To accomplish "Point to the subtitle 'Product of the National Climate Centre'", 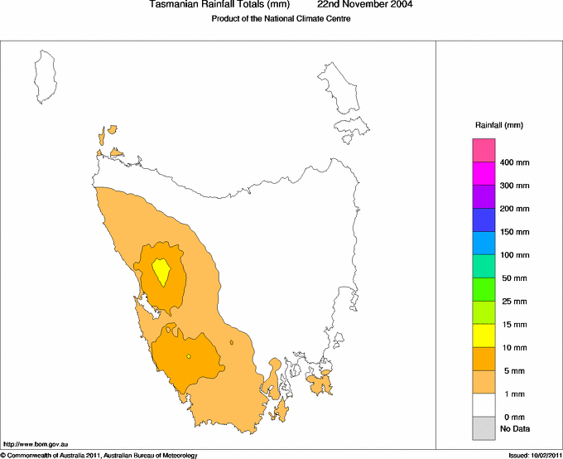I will pyautogui.click(x=281, y=19).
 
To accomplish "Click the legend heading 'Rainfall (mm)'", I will pyautogui.click(x=498, y=125).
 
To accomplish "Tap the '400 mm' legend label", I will pyautogui.click(x=514, y=162).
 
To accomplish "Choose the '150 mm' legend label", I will pyautogui.click(x=514, y=232).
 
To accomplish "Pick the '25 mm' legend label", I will pyautogui.click(x=514, y=302).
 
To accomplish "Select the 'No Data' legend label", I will pyautogui.click(x=514, y=428).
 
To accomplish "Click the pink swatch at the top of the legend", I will pyautogui.click(x=484, y=150).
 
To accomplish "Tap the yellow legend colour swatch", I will pyautogui.click(x=484, y=336).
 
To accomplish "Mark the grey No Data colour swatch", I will pyautogui.click(x=484, y=428).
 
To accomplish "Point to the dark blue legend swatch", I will pyautogui.click(x=484, y=220).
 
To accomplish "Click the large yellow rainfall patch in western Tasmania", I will pyautogui.click(x=161, y=270).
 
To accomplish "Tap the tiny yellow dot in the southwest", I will pyautogui.click(x=189, y=356).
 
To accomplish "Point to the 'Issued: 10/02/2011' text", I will pyautogui.click(x=534, y=455).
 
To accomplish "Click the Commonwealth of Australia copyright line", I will pyautogui.click(x=99, y=455).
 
